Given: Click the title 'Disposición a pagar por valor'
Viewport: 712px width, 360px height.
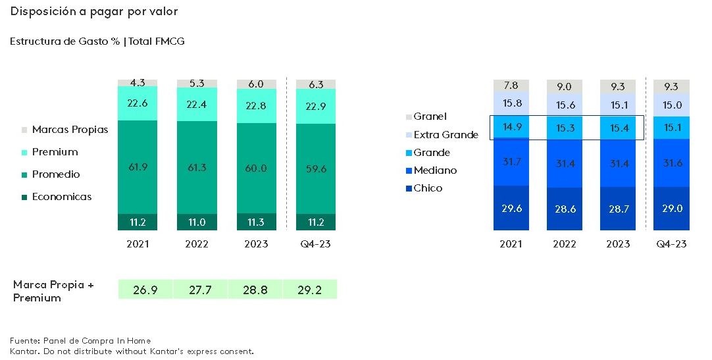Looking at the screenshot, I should (x=94, y=12).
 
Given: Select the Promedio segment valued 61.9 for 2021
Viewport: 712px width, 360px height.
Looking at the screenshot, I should (x=138, y=168).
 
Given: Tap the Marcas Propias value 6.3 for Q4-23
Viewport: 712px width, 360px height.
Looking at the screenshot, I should (x=315, y=84).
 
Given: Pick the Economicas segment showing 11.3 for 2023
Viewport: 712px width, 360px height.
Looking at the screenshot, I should (x=256, y=222).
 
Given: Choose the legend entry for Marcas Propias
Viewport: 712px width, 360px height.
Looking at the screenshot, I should (x=69, y=130).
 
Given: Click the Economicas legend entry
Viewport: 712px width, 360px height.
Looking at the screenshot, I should (x=61, y=197).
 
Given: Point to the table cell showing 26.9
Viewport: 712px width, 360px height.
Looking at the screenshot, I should (x=145, y=290).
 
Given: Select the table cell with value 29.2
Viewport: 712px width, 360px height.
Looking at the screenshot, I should (x=309, y=290).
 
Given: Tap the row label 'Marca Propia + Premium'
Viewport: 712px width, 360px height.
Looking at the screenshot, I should (x=53, y=291).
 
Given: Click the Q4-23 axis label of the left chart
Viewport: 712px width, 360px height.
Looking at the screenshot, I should (x=315, y=244).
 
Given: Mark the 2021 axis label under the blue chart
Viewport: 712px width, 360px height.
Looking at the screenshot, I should (x=511, y=244).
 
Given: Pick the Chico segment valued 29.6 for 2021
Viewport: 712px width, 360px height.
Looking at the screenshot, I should (x=511, y=208).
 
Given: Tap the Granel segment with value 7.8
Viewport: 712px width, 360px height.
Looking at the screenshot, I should (x=511, y=86).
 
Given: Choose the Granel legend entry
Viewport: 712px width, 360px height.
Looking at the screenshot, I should (x=430, y=117).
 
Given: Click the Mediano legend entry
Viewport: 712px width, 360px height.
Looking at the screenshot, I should (x=434, y=170).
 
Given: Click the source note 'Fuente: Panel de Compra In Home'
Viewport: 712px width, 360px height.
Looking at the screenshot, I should (x=80, y=341).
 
